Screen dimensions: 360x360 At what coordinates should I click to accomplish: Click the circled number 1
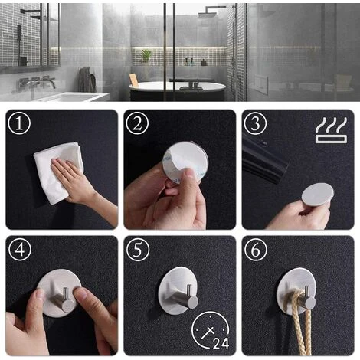(x=19, y=123)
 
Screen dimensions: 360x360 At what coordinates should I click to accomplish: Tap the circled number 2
(x=137, y=123)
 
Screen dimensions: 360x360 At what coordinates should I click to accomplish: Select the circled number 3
(x=256, y=123)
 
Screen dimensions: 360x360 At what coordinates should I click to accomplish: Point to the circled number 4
(x=20, y=250)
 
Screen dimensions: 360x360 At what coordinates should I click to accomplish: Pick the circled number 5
(x=138, y=250)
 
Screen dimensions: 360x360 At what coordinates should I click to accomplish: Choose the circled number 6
(x=256, y=250)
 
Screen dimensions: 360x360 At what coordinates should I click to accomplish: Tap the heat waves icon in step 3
(x=331, y=130)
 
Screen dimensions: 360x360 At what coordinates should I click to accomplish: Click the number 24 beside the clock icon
(x=221, y=343)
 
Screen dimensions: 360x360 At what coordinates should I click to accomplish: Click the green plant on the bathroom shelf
(x=146, y=56)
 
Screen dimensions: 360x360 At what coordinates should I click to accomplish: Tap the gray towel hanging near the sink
(x=87, y=80)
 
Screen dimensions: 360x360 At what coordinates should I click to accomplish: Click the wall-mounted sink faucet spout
(x=50, y=82)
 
